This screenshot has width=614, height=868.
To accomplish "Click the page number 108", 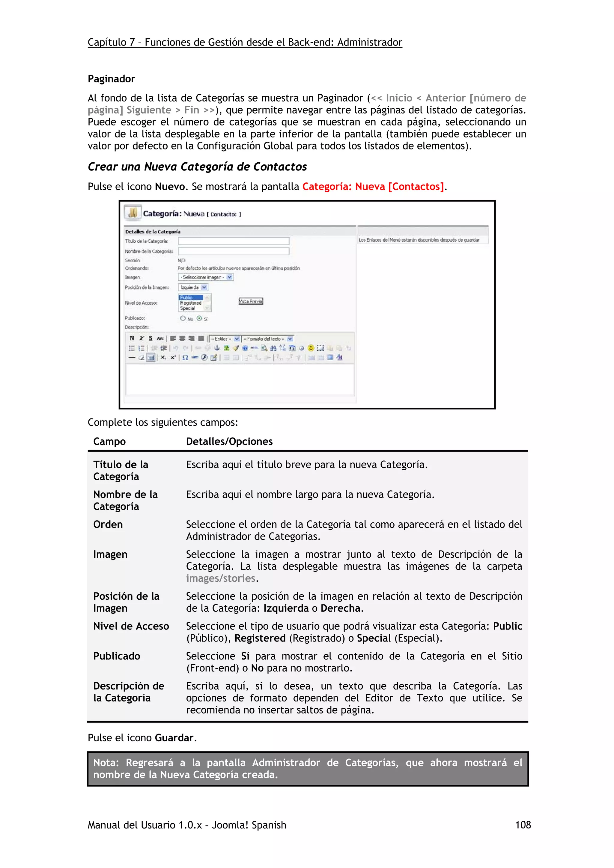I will coord(523,825).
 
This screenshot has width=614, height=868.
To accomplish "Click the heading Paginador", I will coord(111,79).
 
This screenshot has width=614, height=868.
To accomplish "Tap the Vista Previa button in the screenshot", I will coord(250,301).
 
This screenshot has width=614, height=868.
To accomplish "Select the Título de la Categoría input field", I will coord(234,241).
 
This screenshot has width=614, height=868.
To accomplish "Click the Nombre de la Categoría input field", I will coord(234,251).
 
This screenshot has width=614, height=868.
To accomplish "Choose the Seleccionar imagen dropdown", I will coord(205,277).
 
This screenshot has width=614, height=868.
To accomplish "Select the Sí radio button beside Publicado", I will coord(199,318).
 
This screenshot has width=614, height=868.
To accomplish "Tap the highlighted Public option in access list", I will coord(191,297).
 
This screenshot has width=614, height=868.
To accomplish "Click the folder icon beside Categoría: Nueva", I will coord(133,213).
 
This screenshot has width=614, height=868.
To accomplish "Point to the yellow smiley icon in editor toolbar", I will coord(311,348).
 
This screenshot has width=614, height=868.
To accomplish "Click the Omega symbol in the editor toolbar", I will coord(185,357).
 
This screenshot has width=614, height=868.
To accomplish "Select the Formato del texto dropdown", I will coord(268,339).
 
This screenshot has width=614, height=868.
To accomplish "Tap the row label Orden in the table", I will coord(108,524).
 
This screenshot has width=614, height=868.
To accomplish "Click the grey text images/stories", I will coord(221,578).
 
